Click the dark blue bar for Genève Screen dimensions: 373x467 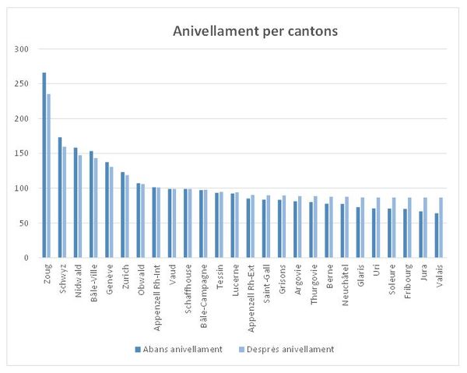[x=107, y=209]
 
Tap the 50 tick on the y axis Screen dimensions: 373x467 [x=23, y=223]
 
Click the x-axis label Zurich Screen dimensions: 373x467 [x=125, y=276]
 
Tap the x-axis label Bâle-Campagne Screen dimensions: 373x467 [x=203, y=289]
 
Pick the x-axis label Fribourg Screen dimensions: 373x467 [x=407, y=280]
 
